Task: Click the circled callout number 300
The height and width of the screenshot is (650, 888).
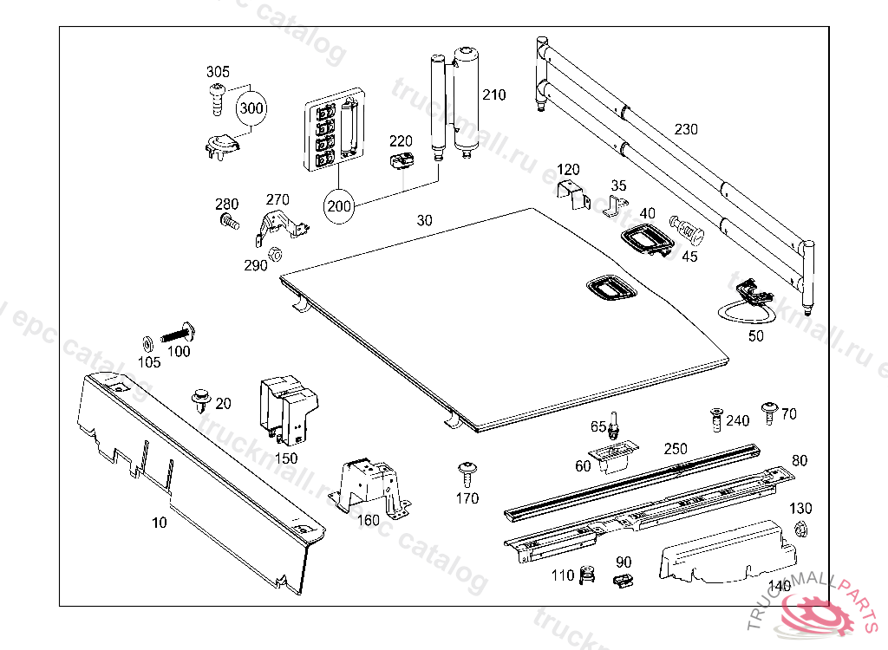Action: point(251,109)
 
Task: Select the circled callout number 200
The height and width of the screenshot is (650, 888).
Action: point(339,206)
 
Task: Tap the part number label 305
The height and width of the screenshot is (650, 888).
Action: point(218,72)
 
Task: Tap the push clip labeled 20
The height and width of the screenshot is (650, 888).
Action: point(200,400)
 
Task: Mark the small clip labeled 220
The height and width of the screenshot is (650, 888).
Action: point(401,160)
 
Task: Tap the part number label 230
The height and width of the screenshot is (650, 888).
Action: point(685,129)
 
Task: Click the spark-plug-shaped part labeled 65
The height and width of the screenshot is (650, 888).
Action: point(617,426)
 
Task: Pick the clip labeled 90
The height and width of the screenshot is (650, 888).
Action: point(622,582)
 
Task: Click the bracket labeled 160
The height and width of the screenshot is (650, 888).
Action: point(370,484)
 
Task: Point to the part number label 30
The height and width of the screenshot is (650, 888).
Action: point(424,221)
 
